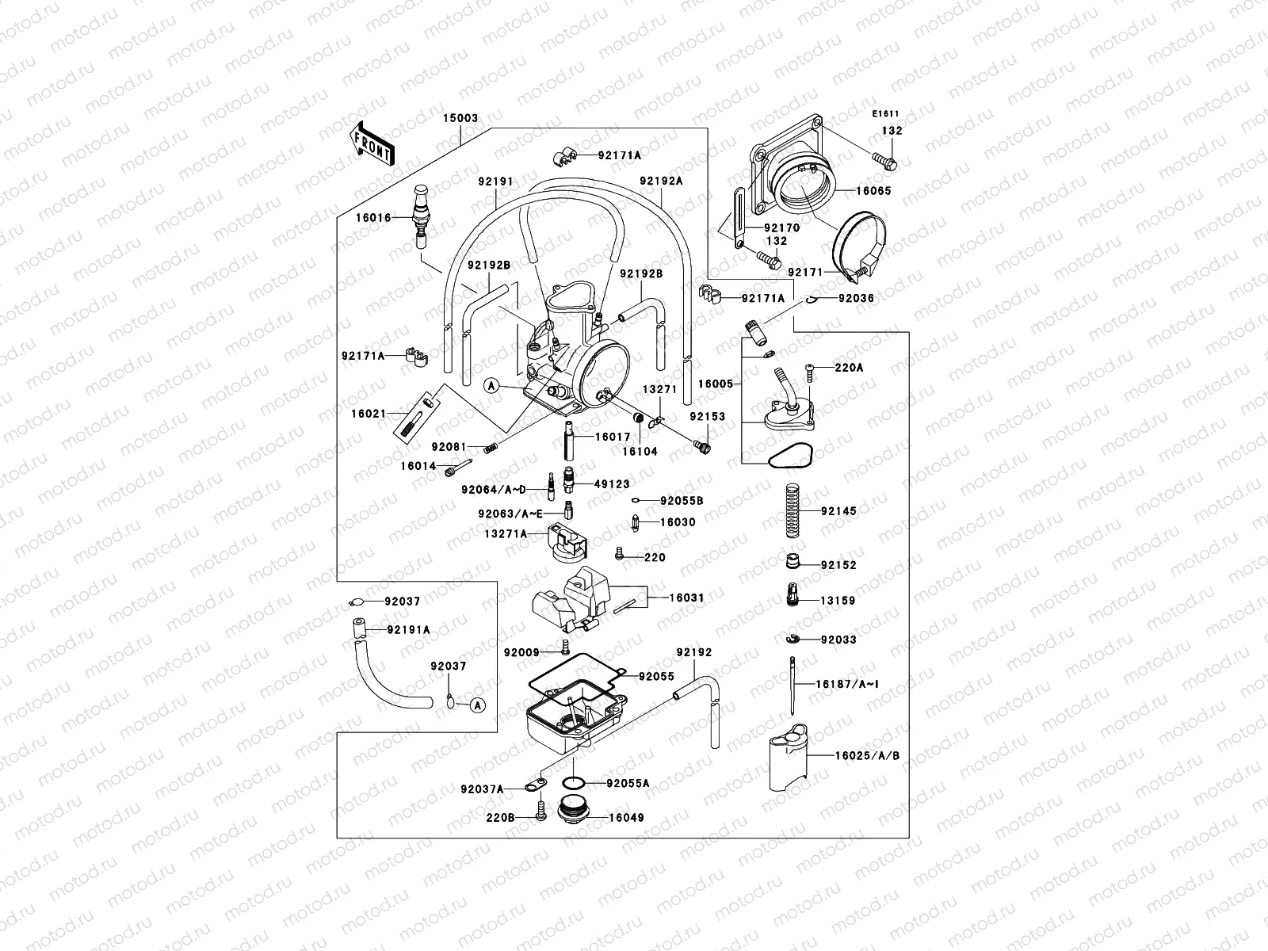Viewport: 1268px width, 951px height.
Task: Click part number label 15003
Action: pyautogui.click(x=460, y=118)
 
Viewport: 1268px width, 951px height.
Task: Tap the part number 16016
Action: pyautogui.click(x=372, y=217)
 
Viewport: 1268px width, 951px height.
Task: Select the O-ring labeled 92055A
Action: pyautogui.click(x=574, y=783)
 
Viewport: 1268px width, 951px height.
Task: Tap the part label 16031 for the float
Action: pyautogui.click(x=686, y=598)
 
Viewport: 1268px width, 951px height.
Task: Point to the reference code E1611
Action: pyautogui.click(x=886, y=114)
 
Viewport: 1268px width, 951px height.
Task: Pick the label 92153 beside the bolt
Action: pyautogui.click(x=707, y=416)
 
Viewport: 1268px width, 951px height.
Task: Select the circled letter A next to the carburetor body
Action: pyautogui.click(x=491, y=386)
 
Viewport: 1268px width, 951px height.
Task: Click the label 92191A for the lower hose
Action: pyautogui.click(x=409, y=630)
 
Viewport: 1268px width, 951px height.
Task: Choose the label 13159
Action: pyautogui.click(x=838, y=601)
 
